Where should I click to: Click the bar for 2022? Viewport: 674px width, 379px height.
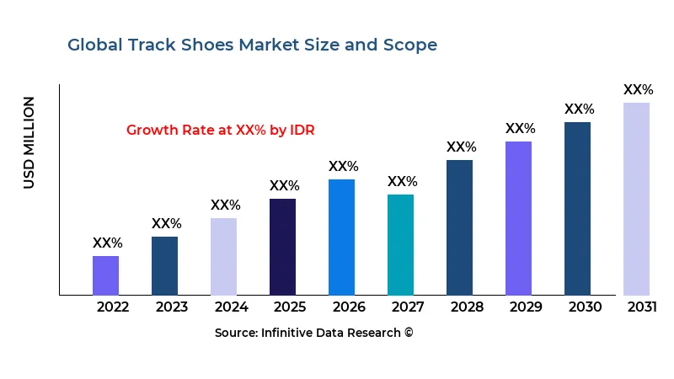(105, 275)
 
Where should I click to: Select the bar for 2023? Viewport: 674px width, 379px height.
(164, 265)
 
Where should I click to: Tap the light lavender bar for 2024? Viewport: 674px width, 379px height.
(223, 256)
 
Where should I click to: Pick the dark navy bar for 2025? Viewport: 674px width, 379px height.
(282, 247)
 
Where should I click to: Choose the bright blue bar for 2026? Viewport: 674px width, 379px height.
(341, 237)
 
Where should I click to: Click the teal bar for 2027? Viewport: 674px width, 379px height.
(400, 244)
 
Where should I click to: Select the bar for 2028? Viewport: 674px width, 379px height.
(459, 227)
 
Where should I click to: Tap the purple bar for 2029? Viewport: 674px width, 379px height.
(518, 218)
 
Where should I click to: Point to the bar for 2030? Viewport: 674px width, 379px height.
(577, 208)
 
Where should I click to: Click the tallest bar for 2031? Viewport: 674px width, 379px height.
(636, 199)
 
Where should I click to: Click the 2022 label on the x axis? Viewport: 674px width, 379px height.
(113, 307)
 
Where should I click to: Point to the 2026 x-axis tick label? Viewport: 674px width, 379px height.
(349, 307)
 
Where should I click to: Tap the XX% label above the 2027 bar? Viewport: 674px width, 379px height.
(402, 182)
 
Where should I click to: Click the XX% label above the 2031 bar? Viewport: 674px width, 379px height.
(638, 90)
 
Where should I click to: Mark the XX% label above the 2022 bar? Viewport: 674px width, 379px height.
(107, 243)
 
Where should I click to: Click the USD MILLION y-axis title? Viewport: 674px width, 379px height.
(29, 142)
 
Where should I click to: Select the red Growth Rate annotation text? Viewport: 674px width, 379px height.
(220, 131)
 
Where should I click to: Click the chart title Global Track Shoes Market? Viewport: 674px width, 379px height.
(252, 45)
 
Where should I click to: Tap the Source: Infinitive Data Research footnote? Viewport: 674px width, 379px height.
(313, 333)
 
